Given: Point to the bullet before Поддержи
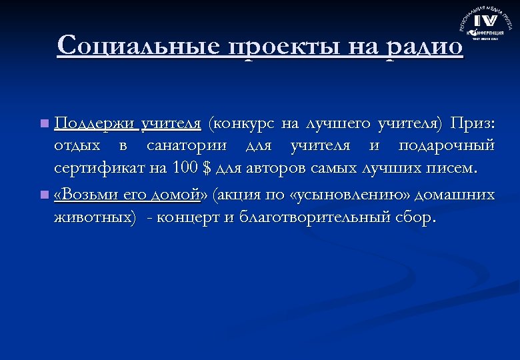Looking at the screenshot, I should (x=43, y=124).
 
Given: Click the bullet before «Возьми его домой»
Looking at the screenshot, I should (x=43, y=195).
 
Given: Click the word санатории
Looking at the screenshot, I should (x=187, y=146).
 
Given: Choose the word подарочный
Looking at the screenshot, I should (x=447, y=146).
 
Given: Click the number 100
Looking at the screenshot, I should (x=184, y=167).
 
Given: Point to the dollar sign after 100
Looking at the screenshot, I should (x=205, y=167).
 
